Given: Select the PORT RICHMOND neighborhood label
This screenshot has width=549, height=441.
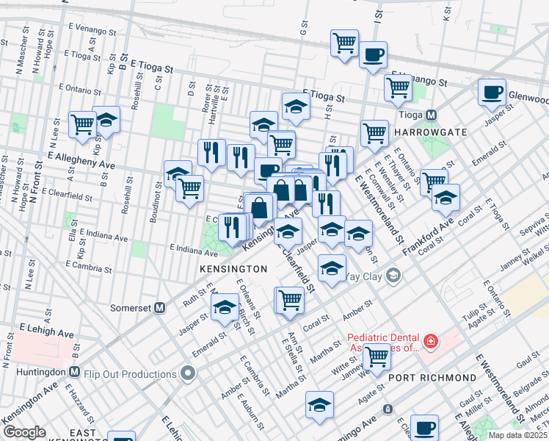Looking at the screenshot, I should tap(432, 378).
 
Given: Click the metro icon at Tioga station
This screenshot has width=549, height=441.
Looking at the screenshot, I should tap(432, 115).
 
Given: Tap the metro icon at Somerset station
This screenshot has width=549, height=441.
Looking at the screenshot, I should tap(159, 308).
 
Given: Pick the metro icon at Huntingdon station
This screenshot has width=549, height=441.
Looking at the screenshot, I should tap(74, 374).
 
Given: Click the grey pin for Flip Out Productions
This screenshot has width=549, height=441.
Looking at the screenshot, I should tap(189, 374).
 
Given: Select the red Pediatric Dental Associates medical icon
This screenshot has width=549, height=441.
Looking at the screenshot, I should tap(429, 341).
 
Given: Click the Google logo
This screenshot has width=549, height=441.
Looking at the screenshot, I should tap(24, 431).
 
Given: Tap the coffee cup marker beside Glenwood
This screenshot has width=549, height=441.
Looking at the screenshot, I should tap(492, 92).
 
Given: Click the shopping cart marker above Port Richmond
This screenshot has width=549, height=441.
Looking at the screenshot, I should tap(377, 356).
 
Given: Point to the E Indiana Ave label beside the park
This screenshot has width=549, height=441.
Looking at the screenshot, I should tap(194, 248).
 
